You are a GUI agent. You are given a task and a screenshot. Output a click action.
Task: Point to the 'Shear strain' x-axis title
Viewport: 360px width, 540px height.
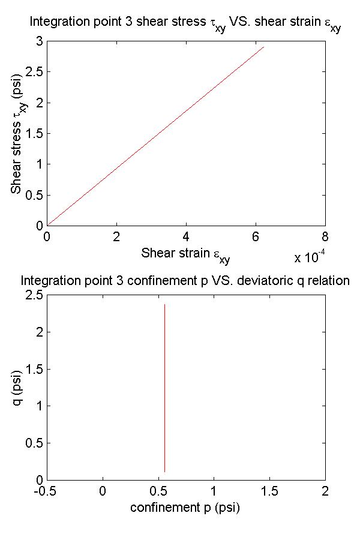(185, 254)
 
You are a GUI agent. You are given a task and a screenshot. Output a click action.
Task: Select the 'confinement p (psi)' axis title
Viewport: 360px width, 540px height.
(185, 508)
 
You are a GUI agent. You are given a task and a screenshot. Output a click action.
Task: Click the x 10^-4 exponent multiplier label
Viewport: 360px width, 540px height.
(310, 258)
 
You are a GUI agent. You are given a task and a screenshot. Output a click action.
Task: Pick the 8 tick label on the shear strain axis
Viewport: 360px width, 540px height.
(325, 236)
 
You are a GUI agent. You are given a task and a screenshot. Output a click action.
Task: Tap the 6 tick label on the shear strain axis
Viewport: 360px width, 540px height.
(256, 236)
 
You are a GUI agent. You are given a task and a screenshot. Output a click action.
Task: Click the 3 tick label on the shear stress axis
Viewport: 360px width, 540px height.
(39, 41)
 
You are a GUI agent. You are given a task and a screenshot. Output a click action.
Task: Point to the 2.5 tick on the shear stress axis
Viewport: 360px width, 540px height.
(34, 72)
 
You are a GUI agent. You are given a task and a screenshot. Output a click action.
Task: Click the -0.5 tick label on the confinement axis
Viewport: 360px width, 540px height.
(47, 491)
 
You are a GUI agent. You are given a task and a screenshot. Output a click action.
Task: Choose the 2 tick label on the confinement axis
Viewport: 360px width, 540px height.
(325, 491)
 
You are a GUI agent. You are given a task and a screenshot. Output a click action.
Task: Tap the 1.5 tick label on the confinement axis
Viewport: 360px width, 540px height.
(269, 491)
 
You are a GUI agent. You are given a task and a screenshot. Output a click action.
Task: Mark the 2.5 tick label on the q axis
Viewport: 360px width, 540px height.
(34, 295)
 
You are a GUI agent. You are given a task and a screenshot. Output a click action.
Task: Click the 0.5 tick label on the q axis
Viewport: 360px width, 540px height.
(34, 443)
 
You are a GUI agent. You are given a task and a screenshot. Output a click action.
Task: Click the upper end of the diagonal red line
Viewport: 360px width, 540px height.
(264, 47)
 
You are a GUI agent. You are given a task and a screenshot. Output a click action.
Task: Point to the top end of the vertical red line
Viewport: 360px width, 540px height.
(164, 305)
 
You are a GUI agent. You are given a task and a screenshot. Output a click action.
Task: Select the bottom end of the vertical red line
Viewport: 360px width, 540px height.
(164, 472)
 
